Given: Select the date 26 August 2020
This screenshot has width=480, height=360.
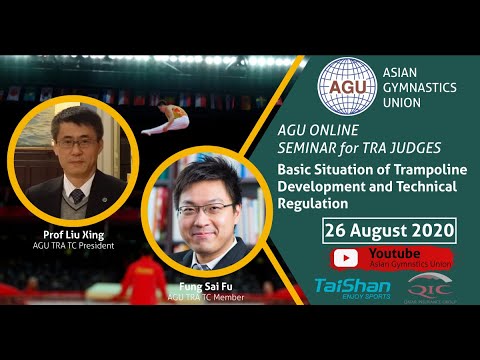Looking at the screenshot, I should click(389, 231).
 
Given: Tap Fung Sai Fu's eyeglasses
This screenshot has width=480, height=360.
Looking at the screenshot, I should click(205, 209).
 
